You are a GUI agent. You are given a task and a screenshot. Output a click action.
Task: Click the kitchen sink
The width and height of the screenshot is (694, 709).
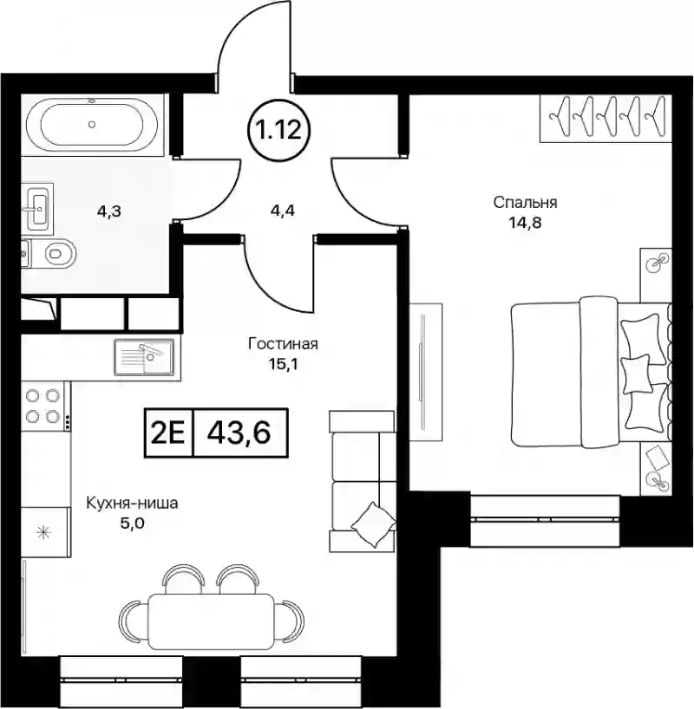click(143, 357)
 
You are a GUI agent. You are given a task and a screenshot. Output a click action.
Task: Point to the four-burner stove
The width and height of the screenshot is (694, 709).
click(44, 406)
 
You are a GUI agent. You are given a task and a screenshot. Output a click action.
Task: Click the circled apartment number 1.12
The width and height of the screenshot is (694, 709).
click(280, 131)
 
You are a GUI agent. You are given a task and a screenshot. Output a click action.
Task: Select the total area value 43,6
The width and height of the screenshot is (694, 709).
click(239, 433)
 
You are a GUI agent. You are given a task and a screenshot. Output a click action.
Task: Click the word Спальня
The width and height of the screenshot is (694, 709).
click(525, 203)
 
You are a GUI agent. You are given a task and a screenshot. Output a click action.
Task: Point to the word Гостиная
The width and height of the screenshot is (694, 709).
click(284, 344)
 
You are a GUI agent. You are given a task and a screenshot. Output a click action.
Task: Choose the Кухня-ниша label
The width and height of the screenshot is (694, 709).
click(132, 504)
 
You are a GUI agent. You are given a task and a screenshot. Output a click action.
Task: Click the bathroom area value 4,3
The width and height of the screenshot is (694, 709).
click(109, 211)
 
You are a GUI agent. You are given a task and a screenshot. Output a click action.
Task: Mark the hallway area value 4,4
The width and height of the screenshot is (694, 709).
click(282, 211)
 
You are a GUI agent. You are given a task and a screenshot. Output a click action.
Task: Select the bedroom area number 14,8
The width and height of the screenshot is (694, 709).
click(526, 223)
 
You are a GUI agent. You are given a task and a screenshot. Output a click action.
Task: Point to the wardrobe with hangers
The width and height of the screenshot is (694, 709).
click(606, 118)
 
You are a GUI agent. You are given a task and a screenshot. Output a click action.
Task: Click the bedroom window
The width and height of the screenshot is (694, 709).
click(545, 520)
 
